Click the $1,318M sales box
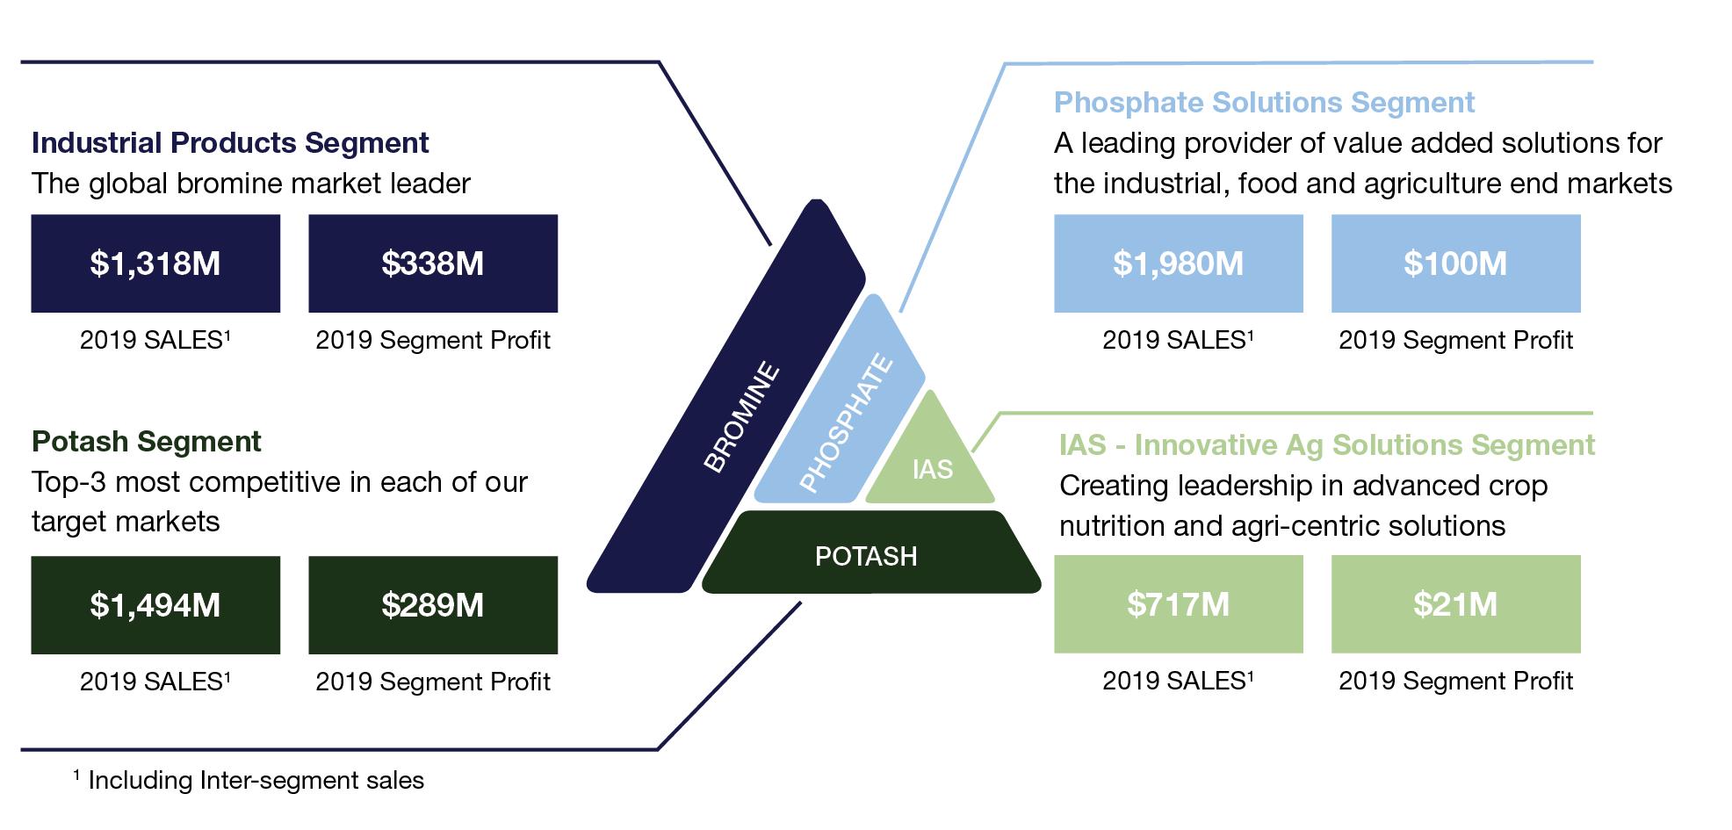click(x=155, y=263)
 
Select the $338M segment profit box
click(x=433, y=263)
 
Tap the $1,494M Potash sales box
click(x=155, y=605)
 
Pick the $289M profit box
click(x=433, y=605)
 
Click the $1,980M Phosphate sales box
click(x=1178, y=263)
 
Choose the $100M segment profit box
click(x=1455, y=263)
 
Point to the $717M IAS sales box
click(x=1178, y=604)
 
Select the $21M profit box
click(x=1455, y=604)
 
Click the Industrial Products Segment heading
click(x=230, y=142)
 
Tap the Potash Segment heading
click(x=147, y=441)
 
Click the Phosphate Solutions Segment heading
click(x=1264, y=103)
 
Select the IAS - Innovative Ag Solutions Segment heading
click(x=1326, y=445)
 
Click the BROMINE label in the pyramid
click(x=742, y=417)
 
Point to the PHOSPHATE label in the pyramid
click(x=846, y=423)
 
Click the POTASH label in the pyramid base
click(x=866, y=556)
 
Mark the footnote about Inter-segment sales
click(x=249, y=780)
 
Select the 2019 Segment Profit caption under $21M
click(x=1455, y=681)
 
